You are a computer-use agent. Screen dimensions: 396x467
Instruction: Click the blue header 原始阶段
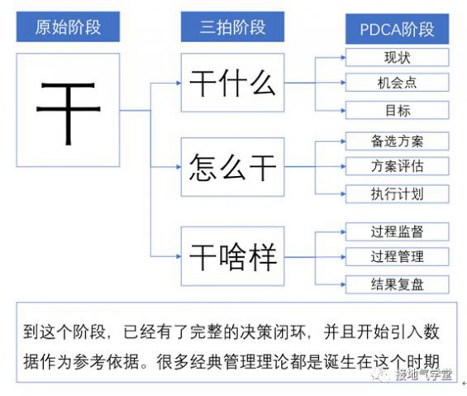pyautogui.click(x=68, y=26)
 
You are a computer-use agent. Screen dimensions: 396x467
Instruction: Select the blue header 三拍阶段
pyautogui.click(x=224, y=26)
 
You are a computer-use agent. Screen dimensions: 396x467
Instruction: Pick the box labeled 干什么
pyautogui.click(x=231, y=83)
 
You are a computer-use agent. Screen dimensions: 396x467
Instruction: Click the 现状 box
pyautogui.click(x=397, y=58)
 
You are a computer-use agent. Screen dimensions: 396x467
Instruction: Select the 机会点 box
pyautogui.click(x=397, y=83)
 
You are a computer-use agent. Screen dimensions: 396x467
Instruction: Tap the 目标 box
pyautogui.click(x=397, y=110)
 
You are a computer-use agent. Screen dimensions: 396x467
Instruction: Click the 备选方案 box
pyautogui.click(x=397, y=141)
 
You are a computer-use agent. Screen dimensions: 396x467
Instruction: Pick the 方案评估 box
pyautogui.click(x=397, y=166)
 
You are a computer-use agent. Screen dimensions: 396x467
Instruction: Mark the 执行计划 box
pyautogui.click(x=397, y=193)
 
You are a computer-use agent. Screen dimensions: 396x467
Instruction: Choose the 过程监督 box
pyautogui.click(x=397, y=231)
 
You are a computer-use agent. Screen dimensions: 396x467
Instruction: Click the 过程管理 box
pyautogui.click(x=397, y=256)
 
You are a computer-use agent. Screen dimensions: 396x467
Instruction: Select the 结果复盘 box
pyautogui.click(x=397, y=284)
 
